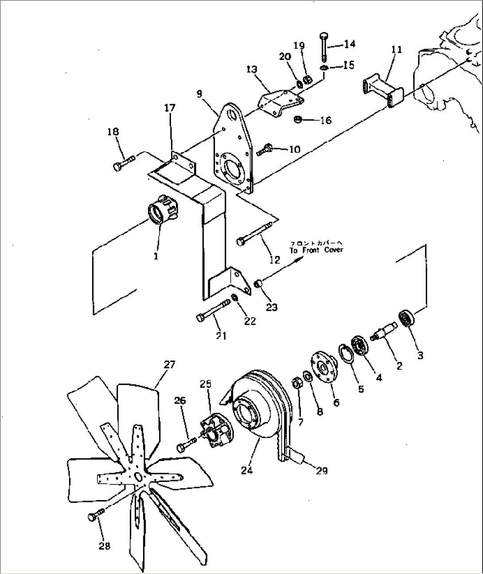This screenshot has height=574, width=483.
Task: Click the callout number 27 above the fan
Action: tap(169, 365)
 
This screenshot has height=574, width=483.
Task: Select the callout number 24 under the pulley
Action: tap(247, 470)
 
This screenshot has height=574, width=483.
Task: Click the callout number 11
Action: tap(397, 49)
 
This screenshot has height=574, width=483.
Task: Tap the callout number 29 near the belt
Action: tap(322, 471)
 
